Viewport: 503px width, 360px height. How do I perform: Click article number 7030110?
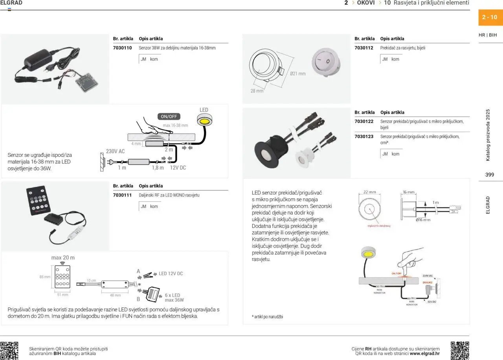tap(122, 48)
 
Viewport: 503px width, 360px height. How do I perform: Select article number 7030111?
tap(122, 195)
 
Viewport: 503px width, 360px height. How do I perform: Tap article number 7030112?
tap(364, 48)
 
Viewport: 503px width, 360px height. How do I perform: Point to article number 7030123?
tap(364, 137)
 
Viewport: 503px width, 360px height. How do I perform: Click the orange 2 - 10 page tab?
tap(490, 17)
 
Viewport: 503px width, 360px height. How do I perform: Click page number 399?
tap(490, 175)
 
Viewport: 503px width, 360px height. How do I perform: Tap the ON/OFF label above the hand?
tap(169, 117)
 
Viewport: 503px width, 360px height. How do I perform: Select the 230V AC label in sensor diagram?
tap(115, 151)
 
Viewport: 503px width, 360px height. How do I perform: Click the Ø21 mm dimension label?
tap(297, 74)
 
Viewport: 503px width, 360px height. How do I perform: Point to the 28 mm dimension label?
tap(257, 91)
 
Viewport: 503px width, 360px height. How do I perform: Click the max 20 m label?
tap(63, 258)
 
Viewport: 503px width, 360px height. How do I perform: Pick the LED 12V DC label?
tap(171, 274)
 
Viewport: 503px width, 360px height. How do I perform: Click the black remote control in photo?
tap(41, 198)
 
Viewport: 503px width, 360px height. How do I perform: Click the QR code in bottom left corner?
tap(9, 351)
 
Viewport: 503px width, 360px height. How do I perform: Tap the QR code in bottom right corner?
tap(459, 351)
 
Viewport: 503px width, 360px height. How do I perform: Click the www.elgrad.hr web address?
tap(424, 354)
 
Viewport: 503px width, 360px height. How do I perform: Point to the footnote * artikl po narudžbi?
tap(267, 317)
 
